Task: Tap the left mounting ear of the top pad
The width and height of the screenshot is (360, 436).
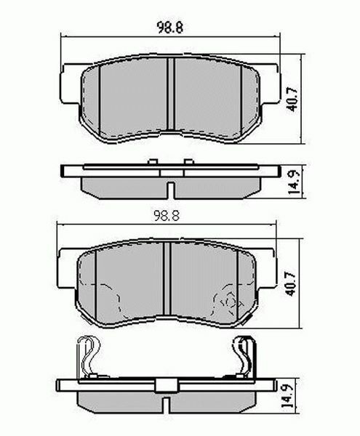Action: pyautogui.click(x=66, y=80)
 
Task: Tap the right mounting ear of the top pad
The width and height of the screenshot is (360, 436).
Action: pyautogui.click(x=274, y=80)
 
